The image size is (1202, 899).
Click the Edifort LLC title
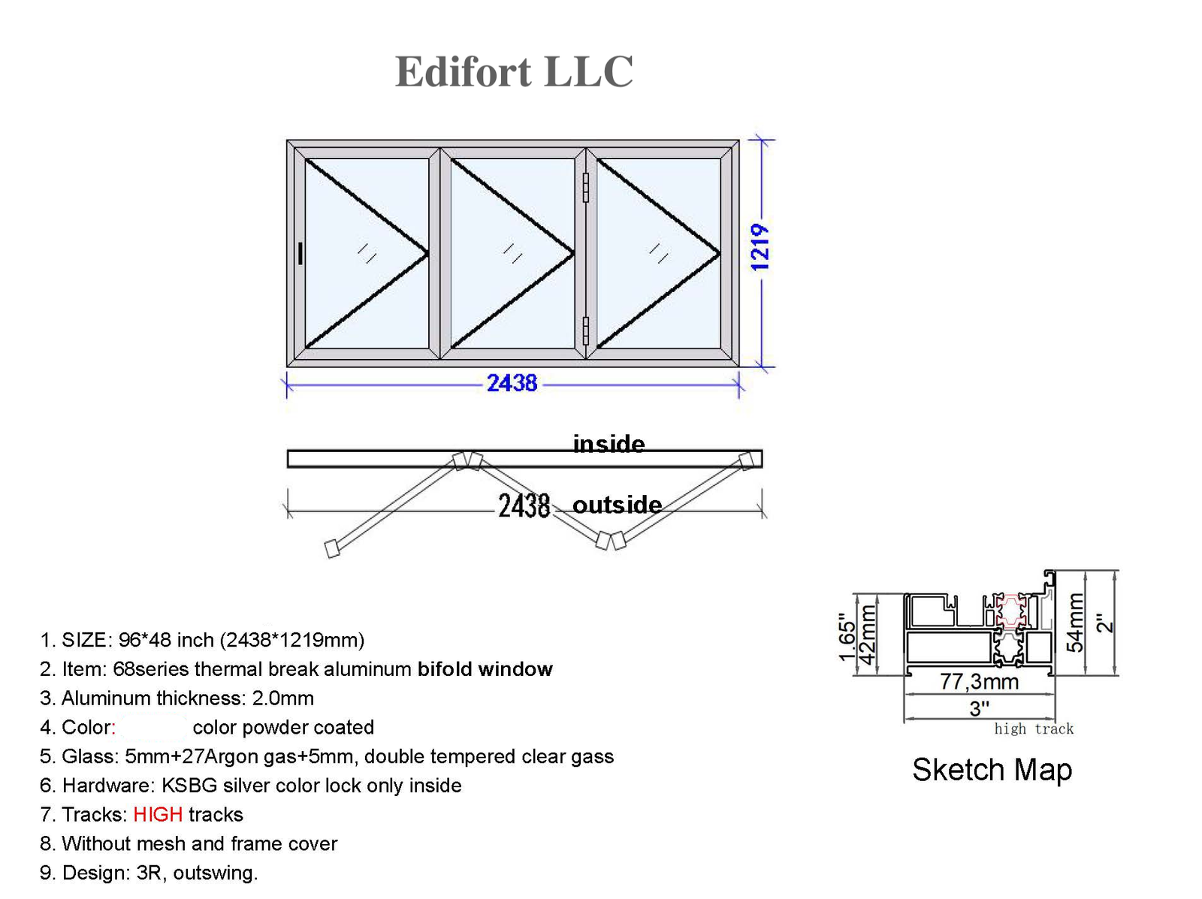point(514,71)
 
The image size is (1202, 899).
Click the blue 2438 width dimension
point(512,384)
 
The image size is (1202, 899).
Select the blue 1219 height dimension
point(760,247)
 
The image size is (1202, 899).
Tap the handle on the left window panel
point(300,253)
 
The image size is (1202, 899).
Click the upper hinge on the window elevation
point(586,188)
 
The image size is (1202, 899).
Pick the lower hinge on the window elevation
point(586,330)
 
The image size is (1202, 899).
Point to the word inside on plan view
point(609,444)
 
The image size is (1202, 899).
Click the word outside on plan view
point(617,505)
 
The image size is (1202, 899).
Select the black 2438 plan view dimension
point(524,506)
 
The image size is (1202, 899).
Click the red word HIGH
point(158,815)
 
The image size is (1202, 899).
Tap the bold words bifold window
point(485,669)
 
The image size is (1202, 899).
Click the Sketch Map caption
point(992,770)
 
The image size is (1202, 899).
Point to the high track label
point(1034,729)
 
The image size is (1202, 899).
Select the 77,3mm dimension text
point(979,682)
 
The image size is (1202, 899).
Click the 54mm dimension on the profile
point(1076,623)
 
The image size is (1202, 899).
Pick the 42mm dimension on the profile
point(868,635)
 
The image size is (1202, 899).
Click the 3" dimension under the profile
point(979,708)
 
